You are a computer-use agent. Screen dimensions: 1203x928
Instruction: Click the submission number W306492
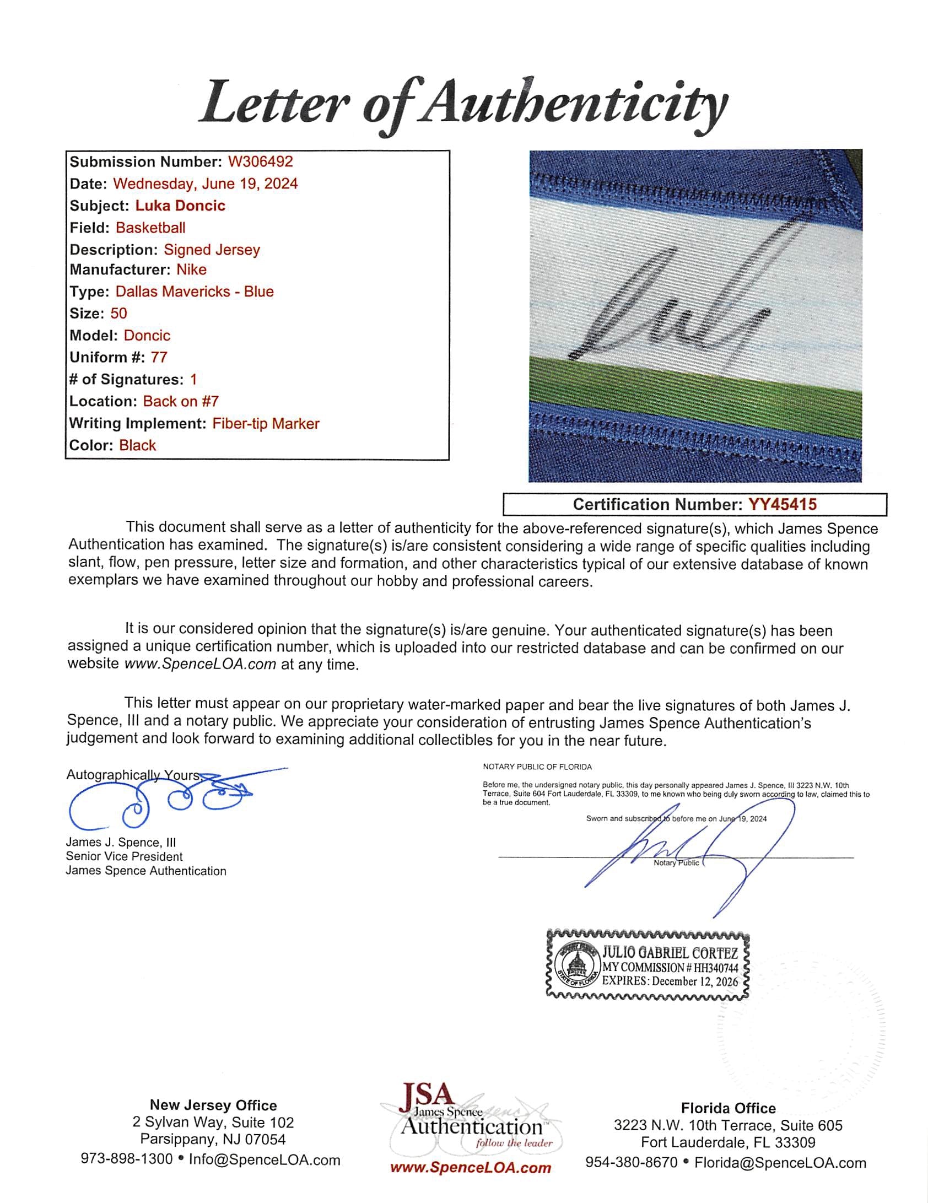pos(260,161)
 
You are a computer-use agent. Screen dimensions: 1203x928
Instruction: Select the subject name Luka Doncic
pos(180,206)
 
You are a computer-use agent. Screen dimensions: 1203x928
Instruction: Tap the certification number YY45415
pos(782,504)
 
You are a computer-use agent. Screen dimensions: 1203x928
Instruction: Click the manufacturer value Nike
pos(191,269)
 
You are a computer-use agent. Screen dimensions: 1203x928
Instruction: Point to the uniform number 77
pos(159,357)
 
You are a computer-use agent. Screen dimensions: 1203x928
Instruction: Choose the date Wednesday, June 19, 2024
pos(205,184)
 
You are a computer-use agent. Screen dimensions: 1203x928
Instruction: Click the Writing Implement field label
pos(138,423)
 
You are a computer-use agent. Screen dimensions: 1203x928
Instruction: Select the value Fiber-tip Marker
pos(266,423)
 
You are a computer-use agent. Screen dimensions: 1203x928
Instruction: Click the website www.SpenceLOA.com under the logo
pos(470,1167)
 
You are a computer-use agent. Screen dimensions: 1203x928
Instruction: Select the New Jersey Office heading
pos(213,1105)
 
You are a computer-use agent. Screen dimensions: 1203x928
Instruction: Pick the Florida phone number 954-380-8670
pos(631,1163)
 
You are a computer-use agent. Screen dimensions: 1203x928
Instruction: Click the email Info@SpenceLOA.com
pos(265,1159)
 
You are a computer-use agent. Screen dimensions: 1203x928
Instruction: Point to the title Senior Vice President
pos(124,856)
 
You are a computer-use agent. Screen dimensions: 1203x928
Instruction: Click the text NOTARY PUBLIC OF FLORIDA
pos(537,767)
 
